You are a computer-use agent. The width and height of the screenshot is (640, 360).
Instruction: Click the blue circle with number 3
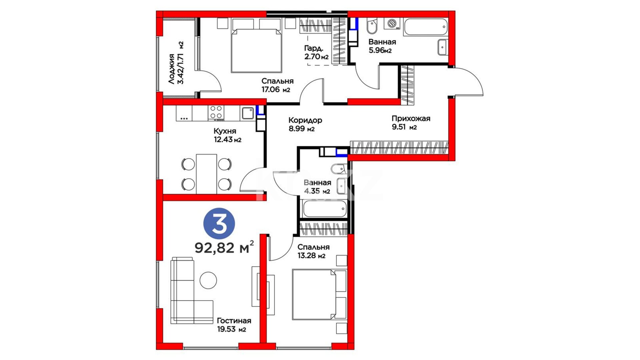[x=219, y=223]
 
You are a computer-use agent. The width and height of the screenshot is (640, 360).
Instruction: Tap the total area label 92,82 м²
[x=224, y=247]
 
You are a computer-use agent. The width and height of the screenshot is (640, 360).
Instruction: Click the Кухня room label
[x=225, y=131]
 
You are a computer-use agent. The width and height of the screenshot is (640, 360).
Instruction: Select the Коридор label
[x=305, y=120]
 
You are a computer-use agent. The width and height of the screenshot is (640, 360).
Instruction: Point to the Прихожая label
[x=411, y=118]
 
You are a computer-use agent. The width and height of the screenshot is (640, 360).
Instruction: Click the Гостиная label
[x=234, y=321]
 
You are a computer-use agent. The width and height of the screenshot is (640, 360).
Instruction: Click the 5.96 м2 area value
[x=380, y=51]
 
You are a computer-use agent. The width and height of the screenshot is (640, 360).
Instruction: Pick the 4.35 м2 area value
[x=317, y=191]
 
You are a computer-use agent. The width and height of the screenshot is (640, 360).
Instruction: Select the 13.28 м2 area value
[x=311, y=256]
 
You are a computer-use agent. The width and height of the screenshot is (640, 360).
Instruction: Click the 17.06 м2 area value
[x=276, y=89]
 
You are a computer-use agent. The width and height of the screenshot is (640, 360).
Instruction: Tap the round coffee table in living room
[x=208, y=280]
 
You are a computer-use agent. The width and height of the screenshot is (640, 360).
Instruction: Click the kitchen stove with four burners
[x=216, y=113]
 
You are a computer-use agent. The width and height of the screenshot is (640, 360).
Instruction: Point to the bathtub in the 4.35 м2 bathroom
[x=324, y=209]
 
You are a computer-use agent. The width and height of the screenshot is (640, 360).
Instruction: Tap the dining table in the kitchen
[x=207, y=174]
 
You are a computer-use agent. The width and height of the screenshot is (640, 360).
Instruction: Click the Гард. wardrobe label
[x=313, y=48]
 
